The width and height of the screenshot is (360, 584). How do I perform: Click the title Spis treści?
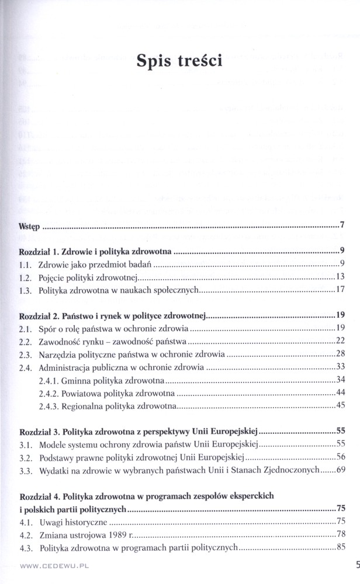pos(179,61)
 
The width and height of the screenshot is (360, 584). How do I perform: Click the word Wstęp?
pos(29,225)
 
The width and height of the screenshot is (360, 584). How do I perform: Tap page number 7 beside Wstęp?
pos(343,225)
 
